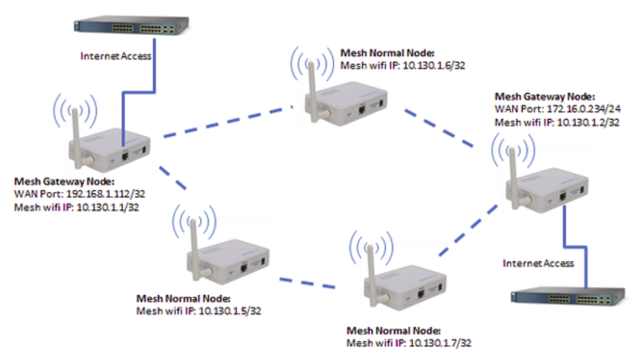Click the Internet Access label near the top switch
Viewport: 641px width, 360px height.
[x=117, y=56]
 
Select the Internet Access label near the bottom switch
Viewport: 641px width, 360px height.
[x=538, y=263]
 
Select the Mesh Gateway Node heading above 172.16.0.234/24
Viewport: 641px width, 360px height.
[x=544, y=96]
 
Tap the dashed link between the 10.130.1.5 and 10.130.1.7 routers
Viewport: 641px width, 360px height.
[x=307, y=282]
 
